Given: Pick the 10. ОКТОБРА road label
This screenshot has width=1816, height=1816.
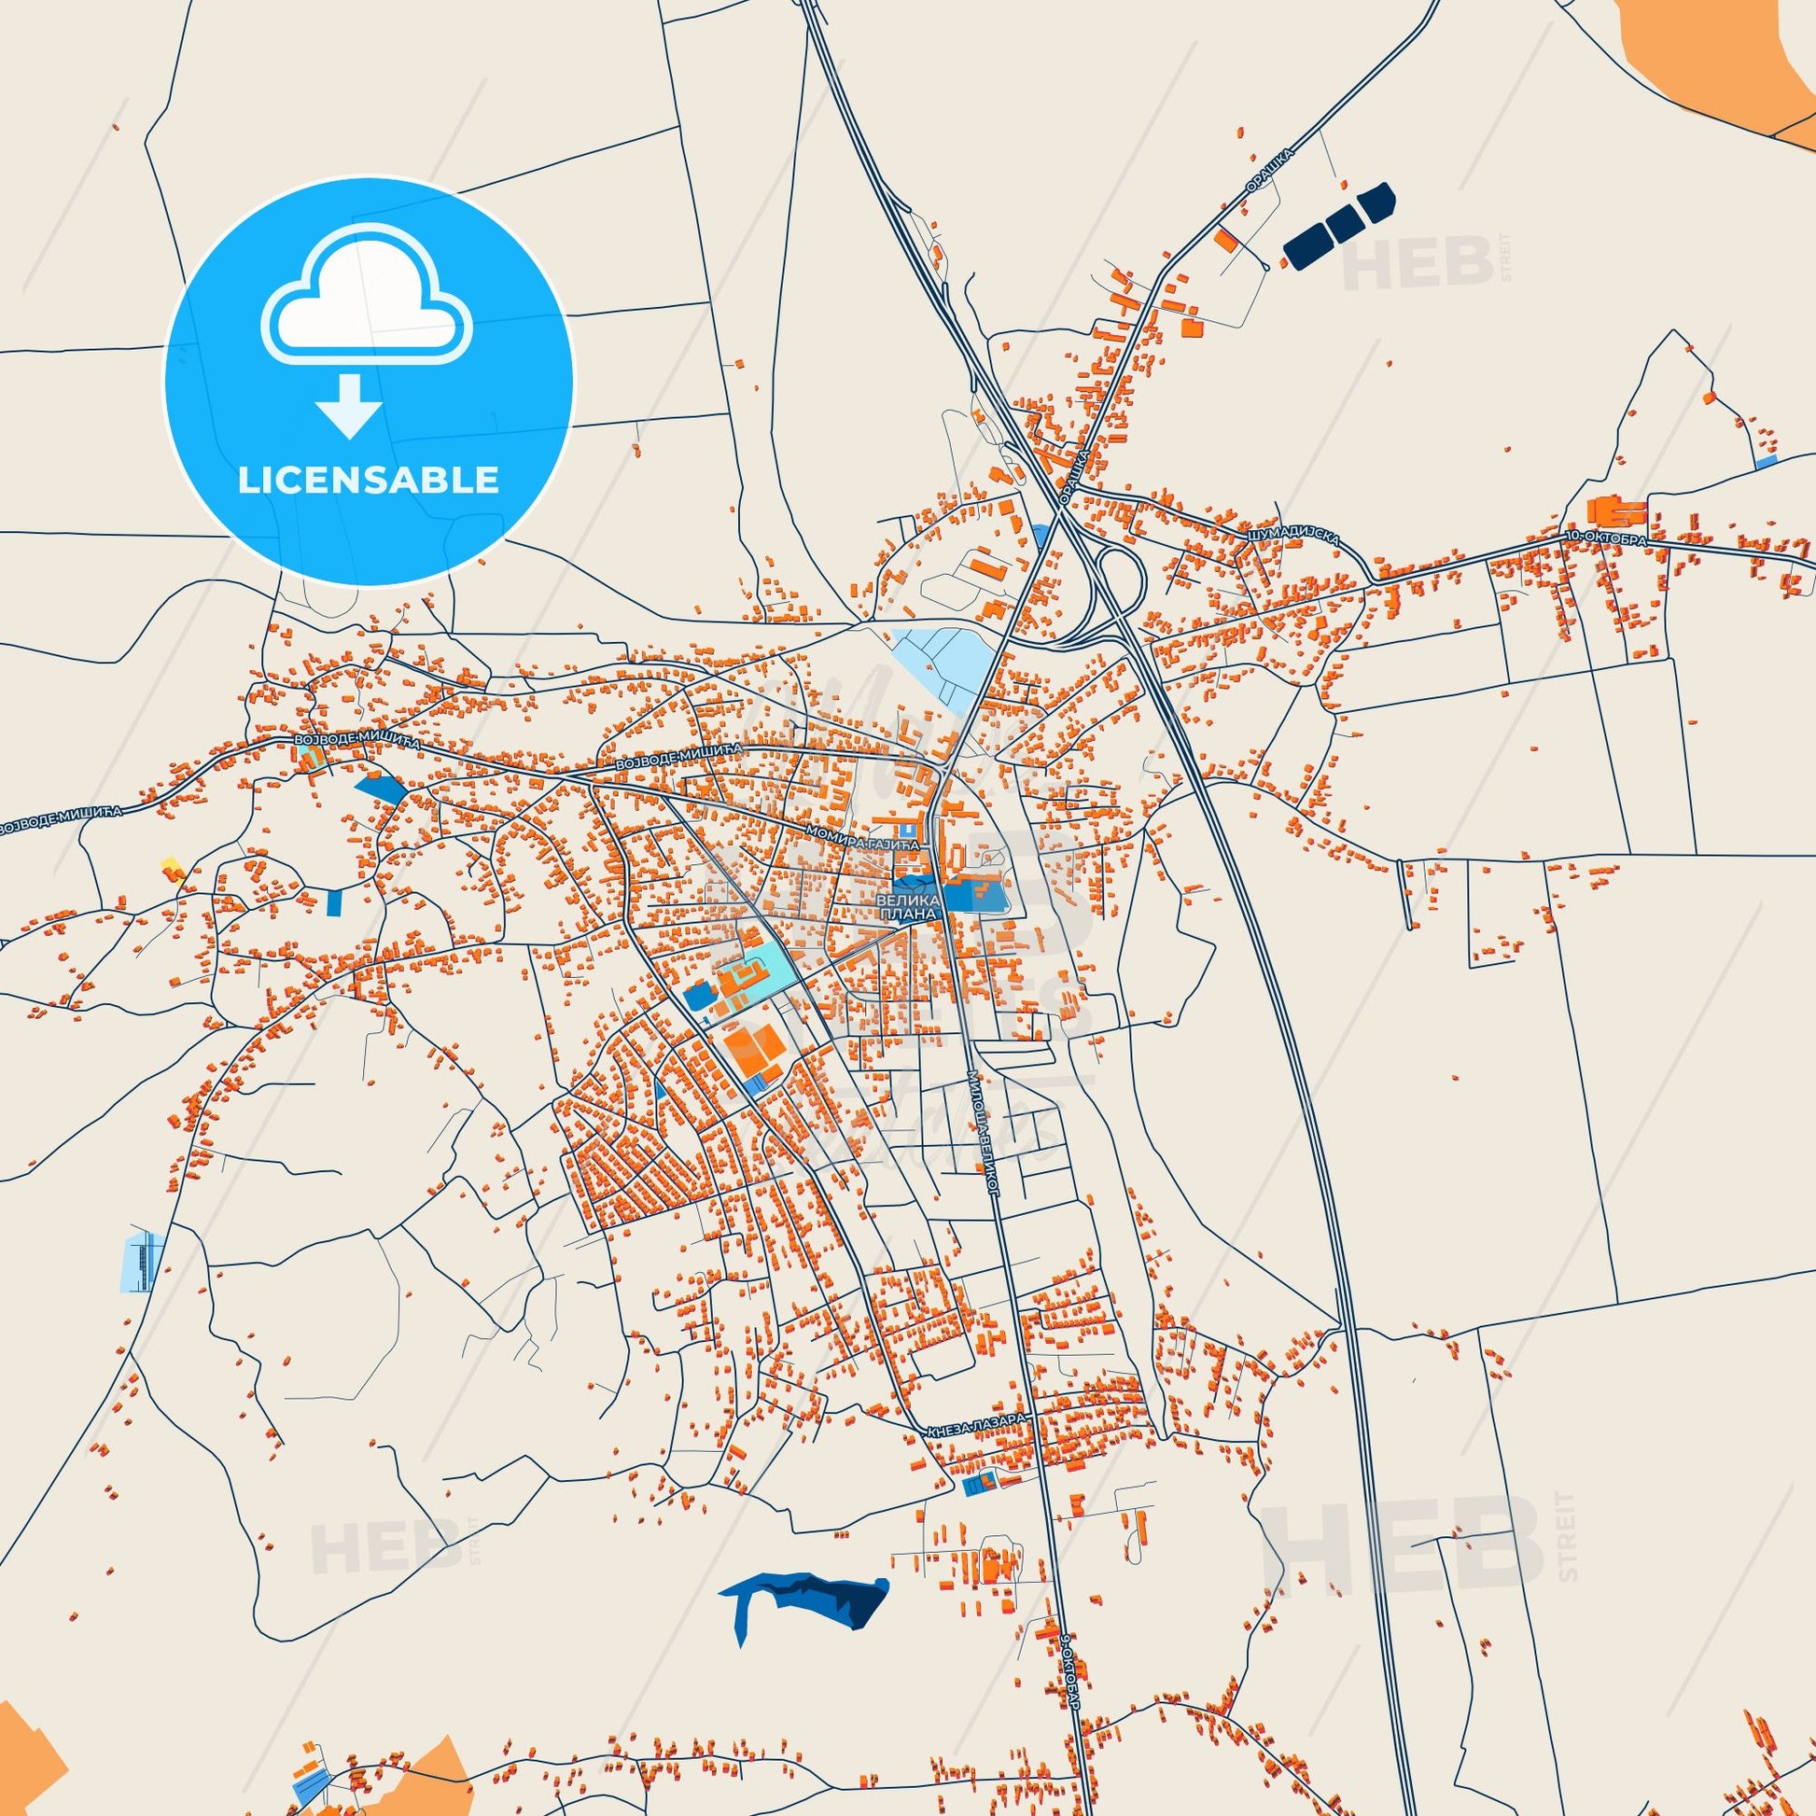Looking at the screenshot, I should (1603, 538).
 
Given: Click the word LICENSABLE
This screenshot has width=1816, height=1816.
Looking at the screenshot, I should (368, 481).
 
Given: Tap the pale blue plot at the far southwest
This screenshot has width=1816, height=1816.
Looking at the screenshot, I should (143, 1262).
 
